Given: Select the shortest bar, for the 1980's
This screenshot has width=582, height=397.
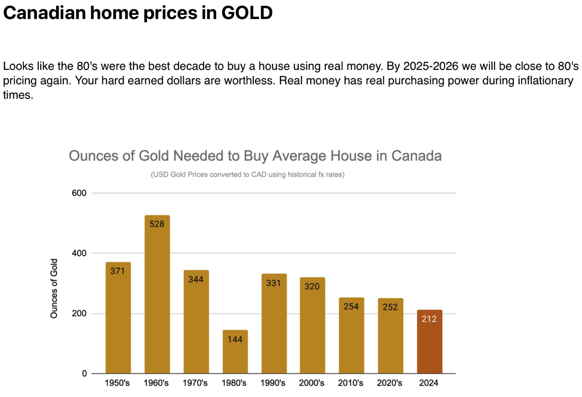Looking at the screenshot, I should [235, 352].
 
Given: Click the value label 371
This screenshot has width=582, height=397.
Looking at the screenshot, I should [117, 271].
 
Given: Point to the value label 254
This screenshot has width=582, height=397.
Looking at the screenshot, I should [351, 307].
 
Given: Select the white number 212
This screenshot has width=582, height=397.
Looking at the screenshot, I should [429, 319].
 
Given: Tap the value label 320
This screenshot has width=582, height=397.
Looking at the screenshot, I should [312, 286].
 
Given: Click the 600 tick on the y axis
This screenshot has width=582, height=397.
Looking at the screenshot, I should [79, 193].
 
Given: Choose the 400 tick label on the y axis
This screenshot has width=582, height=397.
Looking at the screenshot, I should [79, 253].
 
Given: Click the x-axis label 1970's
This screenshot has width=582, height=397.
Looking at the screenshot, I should [195, 383].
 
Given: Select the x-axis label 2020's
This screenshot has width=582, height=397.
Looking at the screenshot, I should [390, 383].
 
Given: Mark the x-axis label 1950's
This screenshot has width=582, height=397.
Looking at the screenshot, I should [117, 383].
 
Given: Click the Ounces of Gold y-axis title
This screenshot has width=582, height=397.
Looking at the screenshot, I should [54, 288].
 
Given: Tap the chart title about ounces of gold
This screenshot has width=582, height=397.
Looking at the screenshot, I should [255, 156].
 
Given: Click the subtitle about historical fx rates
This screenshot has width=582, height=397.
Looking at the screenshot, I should [247, 175].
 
